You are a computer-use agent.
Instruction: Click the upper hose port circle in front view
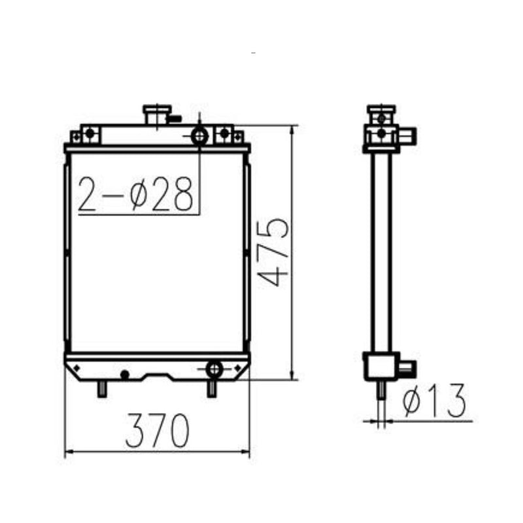click(x=199, y=136)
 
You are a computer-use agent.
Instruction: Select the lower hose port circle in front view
click(x=214, y=369)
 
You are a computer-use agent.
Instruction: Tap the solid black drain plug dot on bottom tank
click(x=124, y=375)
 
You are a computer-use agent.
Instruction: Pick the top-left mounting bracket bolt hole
click(x=90, y=134)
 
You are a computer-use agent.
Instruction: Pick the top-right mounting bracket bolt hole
click(x=225, y=134)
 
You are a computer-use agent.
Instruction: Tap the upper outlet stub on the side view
click(x=408, y=137)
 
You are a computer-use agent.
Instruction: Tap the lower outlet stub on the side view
click(x=405, y=367)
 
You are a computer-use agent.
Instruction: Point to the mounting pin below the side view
click(x=379, y=390)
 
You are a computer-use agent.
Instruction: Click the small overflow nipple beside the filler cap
click(x=175, y=119)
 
